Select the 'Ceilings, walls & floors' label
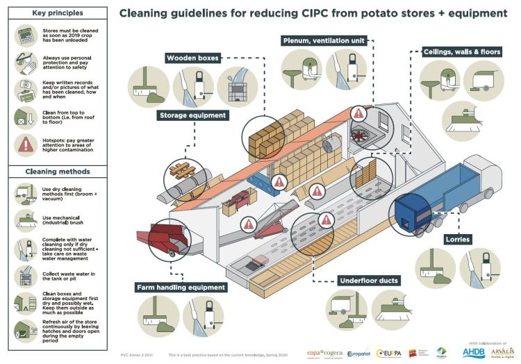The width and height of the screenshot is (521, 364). pos(461,52)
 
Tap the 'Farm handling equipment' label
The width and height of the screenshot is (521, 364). pos(181,287)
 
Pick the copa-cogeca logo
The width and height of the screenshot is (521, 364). pos(324,354)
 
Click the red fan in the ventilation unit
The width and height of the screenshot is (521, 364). pos(359,134)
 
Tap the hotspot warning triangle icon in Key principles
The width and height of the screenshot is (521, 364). pos(25,144)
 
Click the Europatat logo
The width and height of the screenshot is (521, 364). pos(358,354)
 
